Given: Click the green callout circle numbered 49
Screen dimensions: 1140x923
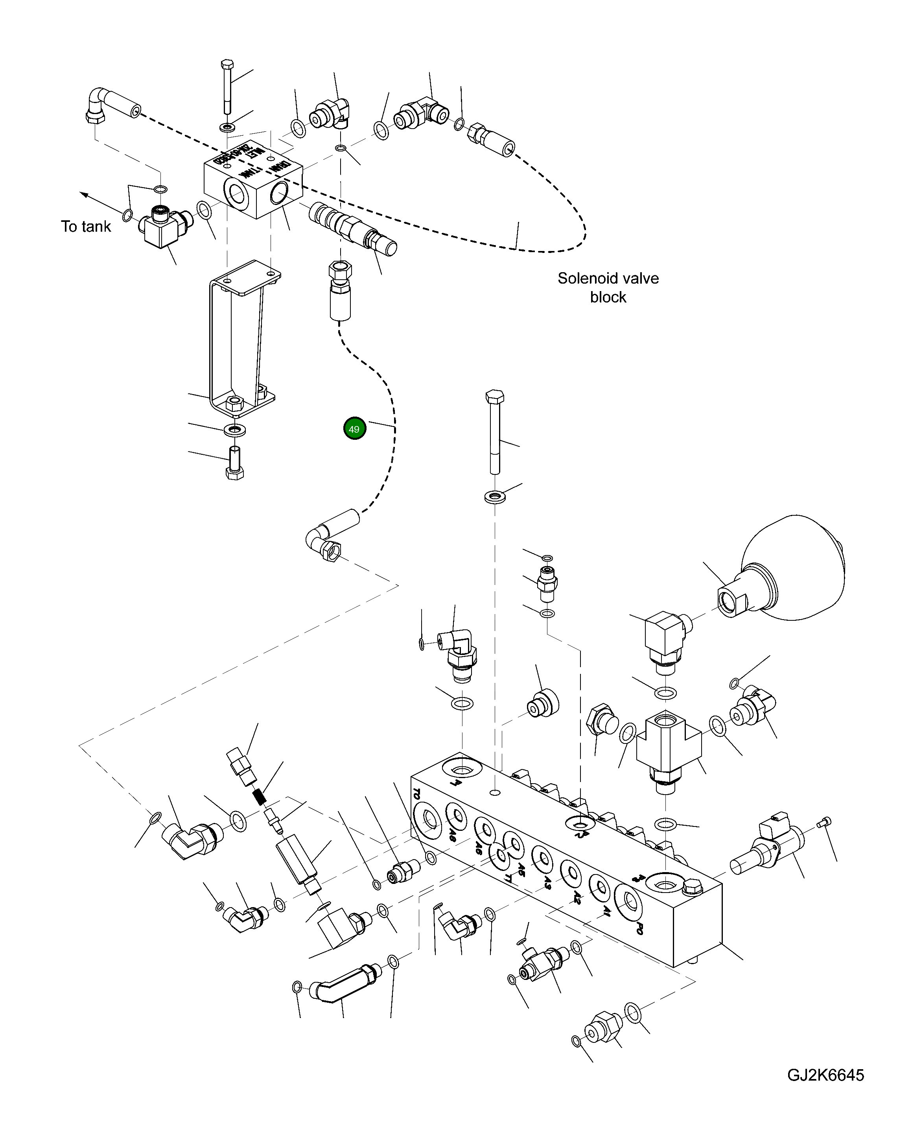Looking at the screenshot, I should coord(355,428).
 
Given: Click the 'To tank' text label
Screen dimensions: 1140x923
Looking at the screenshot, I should coord(86,227).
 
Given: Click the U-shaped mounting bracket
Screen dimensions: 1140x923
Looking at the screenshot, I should coord(242,340).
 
